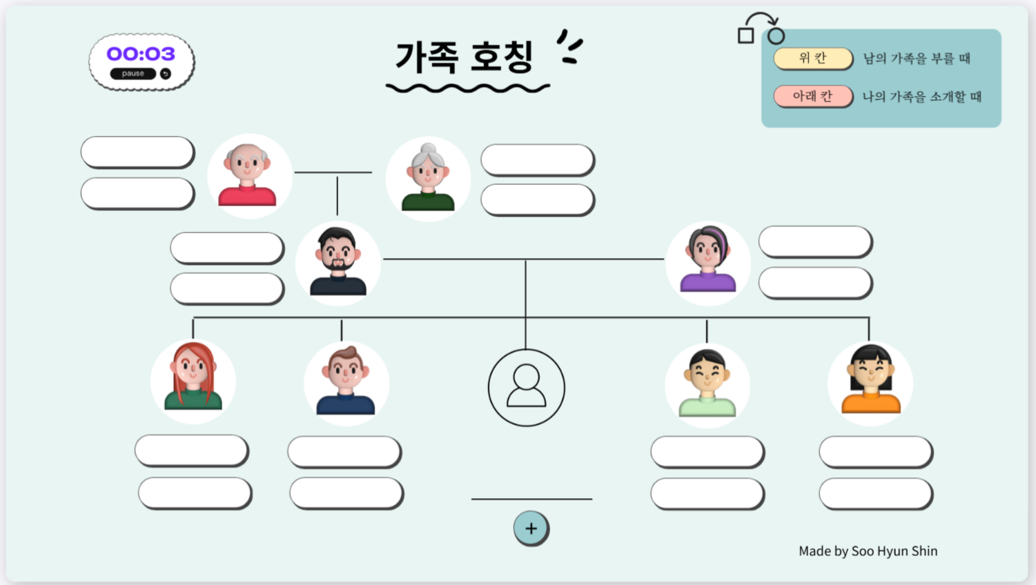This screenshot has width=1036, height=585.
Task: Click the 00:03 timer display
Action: click(x=141, y=54)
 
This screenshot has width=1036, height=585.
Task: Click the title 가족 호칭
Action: click(x=465, y=57)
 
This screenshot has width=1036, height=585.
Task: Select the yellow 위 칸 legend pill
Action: click(x=812, y=59)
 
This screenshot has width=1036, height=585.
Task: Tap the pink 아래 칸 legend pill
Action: click(x=812, y=96)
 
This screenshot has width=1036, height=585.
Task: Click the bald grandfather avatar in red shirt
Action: click(x=248, y=176)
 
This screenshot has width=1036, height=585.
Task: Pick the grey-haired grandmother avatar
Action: click(x=428, y=179)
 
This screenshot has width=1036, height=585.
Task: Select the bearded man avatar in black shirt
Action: click(x=338, y=263)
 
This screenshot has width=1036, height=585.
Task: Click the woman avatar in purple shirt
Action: click(x=707, y=262)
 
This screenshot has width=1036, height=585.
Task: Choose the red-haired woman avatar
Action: click(x=193, y=381)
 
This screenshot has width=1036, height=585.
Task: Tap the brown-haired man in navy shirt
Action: click(x=346, y=383)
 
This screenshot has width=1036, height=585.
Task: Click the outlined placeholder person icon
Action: click(x=526, y=387)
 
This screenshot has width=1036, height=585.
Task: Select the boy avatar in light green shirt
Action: click(x=707, y=385)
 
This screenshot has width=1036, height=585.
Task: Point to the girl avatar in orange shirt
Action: click(x=870, y=383)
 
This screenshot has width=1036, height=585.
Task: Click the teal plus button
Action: click(x=531, y=528)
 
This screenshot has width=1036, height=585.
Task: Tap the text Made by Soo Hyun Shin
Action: click(x=868, y=551)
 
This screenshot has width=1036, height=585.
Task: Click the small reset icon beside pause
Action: click(x=166, y=74)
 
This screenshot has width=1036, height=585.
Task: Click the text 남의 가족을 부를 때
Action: click(x=917, y=59)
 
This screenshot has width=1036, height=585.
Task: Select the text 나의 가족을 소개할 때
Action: click(x=921, y=97)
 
